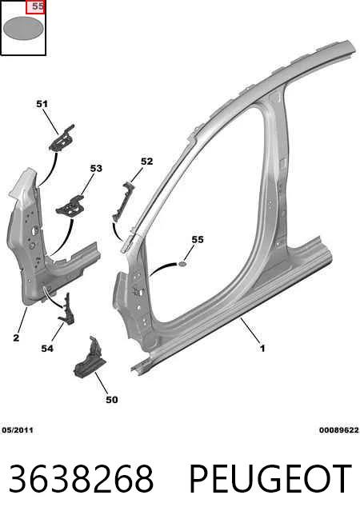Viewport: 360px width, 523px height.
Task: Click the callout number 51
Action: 42,104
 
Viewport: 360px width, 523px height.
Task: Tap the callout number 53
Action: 96,169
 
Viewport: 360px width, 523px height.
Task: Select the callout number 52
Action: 147,162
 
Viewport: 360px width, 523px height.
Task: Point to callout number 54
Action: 47,349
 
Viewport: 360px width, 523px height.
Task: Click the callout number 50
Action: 112,400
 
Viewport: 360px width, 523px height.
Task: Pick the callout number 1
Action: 262,349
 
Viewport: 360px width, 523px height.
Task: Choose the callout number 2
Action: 16,338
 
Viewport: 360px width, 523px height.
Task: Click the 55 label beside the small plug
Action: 198,239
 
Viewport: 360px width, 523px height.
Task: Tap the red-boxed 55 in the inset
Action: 35,6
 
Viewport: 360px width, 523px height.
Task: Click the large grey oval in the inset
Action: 23,28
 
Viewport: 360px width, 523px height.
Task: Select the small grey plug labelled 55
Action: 182,265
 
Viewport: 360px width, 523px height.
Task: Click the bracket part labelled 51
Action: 62,138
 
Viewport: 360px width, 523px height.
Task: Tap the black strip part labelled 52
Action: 123,202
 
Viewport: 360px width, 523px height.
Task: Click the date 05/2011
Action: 18,430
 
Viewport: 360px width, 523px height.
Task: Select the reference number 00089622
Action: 339,430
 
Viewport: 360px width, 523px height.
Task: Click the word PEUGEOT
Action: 270,479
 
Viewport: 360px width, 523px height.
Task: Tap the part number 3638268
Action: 81,479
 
